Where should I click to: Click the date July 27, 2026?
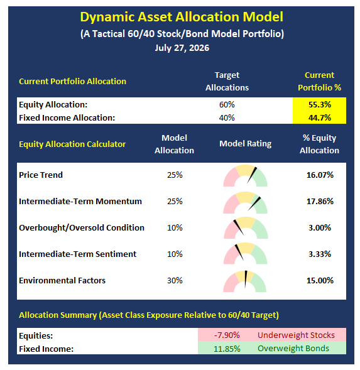[x=182, y=48]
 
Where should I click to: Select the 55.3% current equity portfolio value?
[x=320, y=104]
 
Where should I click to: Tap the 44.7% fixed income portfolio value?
[x=320, y=117]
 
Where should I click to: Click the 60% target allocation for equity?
[x=227, y=104]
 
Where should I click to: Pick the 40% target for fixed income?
[x=227, y=117]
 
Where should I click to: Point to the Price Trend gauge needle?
[x=252, y=175]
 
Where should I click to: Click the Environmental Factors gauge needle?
[x=246, y=279]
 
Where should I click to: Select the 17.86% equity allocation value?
[x=320, y=201]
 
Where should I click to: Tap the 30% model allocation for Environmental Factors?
[x=175, y=280]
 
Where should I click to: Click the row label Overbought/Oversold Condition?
[x=82, y=227]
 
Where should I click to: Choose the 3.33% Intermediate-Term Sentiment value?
[x=320, y=254]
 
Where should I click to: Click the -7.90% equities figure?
[x=227, y=335]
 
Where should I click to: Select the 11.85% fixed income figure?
[x=227, y=349]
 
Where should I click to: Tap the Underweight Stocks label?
[x=296, y=335]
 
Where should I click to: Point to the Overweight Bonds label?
[x=293, y=348]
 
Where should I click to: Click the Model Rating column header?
[x=245, y=143]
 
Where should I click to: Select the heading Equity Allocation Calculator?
[x=72, y=144]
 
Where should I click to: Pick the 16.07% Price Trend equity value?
[x=320, y=175]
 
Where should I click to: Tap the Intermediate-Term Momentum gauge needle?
[x=254, y=204]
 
